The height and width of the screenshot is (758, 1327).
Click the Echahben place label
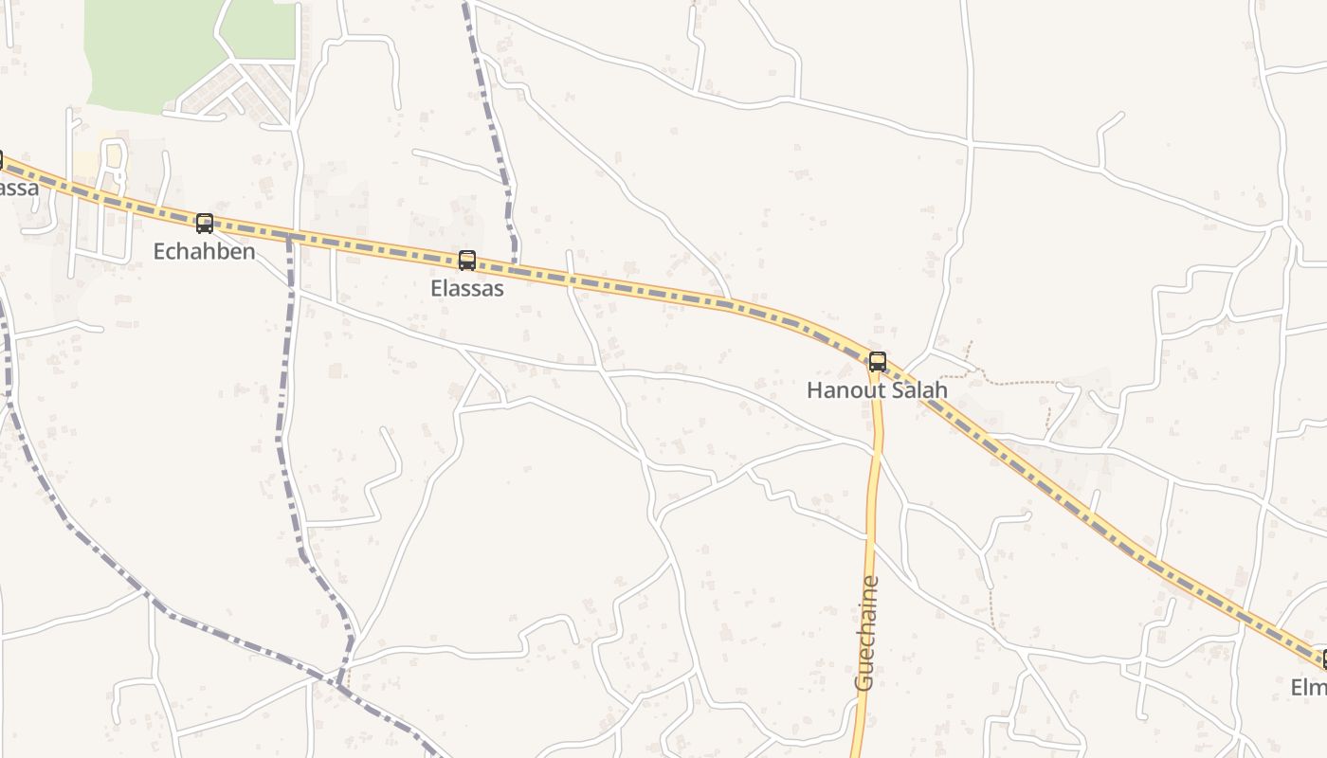tap(204, 252)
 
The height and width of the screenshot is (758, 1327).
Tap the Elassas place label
tap(467, 288)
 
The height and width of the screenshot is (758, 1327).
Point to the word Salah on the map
tap(916, 389)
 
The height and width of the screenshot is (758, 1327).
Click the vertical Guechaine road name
tap(866, 633)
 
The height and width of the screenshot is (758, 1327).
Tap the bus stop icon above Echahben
tap(204, 224)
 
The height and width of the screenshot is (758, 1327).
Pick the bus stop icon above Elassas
tap(467, 261)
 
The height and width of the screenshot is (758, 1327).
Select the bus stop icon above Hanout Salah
tap(878, 361)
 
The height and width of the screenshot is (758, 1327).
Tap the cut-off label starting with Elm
tap(1309, 687)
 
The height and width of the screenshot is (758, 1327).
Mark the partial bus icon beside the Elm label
tap(1323, 659)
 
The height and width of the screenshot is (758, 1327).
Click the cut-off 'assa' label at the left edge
tap(18, 187)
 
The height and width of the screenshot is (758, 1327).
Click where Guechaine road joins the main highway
tap(875, 371)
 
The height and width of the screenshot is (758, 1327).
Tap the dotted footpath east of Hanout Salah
tap(1014, 383)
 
